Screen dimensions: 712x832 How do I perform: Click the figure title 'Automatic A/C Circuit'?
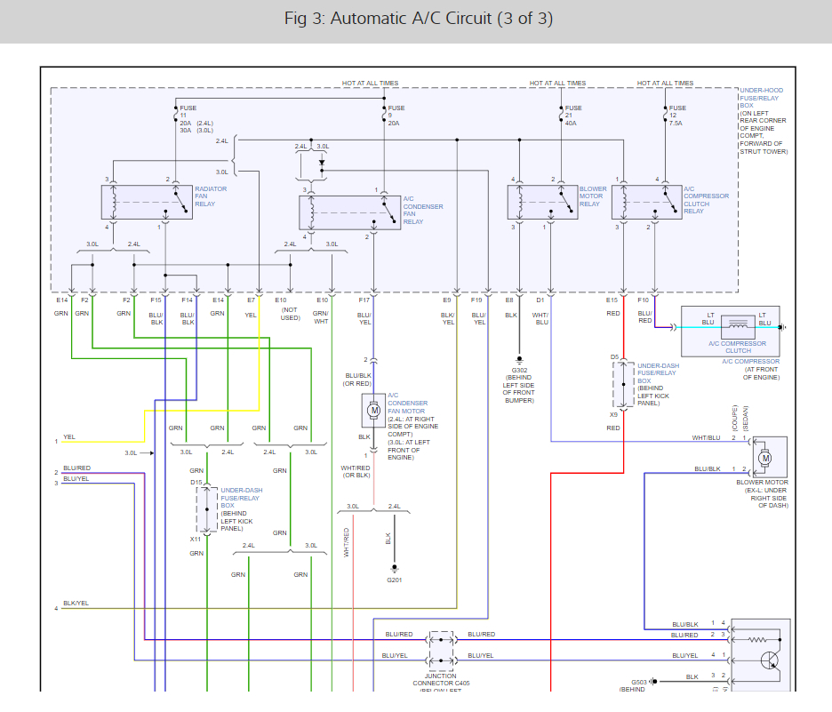(x=416, y=19)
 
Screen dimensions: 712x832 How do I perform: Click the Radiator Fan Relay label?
(x=211, y=196)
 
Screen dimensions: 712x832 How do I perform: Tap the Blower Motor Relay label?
(x=593, y=196)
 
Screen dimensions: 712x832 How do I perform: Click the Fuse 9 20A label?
(x=396, y=116)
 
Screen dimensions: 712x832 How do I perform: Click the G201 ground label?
(x=393, y=580)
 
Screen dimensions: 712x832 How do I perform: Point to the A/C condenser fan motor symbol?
(x=374, y=410)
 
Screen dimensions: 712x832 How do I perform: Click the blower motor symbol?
(x=765, y=458)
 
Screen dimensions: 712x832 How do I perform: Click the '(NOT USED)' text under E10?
(x=288, y=313)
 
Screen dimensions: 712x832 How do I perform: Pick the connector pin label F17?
(x=364, y=300)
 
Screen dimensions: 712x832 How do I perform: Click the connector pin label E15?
(x=612, y=300)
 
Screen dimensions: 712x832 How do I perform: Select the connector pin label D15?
(x=196, y=483)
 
